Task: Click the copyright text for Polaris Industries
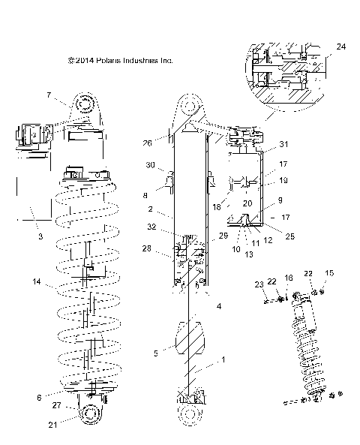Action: [121, 61]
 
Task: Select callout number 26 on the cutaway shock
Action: [148, 143]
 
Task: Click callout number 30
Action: [150, 165]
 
